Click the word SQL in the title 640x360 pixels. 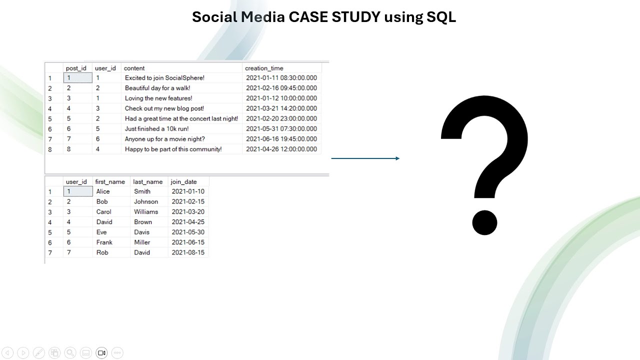pyautogui.click(x=441, y=17)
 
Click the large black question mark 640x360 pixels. pyautogui.click(x=484, y=165)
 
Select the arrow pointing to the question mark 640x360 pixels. pyautogui.click(x=365, y=158)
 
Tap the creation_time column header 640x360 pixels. pyautogui.click(x=264, y=68)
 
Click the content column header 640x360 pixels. pyautogui.click(x=134, y=68)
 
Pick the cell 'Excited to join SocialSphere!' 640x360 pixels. pyautogui.click(x=164, y=78)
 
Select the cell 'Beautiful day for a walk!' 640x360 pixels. pyautogui.click(x=157, y=88)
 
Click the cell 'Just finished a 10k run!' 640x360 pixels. pyautogui.click(x=156, y=129)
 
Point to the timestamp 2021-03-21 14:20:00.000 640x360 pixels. pyautogui.click(x=281, y=108)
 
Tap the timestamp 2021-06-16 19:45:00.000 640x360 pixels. pyautogui.click(x=281, y=139)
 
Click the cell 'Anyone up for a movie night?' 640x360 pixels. pyautogui.click(x=164, y=139)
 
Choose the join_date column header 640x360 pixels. pyautogui.click(x=183, y=182)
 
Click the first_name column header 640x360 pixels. pyautogui.click(x=110, y=182)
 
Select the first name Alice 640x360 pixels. pyautogui.click(x=103, y=191)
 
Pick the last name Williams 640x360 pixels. pyautogui.click(x=146, y=212)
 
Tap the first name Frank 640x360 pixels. pyautogui.click(x=104, y=242)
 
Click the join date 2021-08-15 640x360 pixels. pyautogui.click(x=188, y=252)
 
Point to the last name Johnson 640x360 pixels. pyautogui.click(x=146, y=202)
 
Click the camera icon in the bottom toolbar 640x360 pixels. pyautogui.click(x=101, y=353)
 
